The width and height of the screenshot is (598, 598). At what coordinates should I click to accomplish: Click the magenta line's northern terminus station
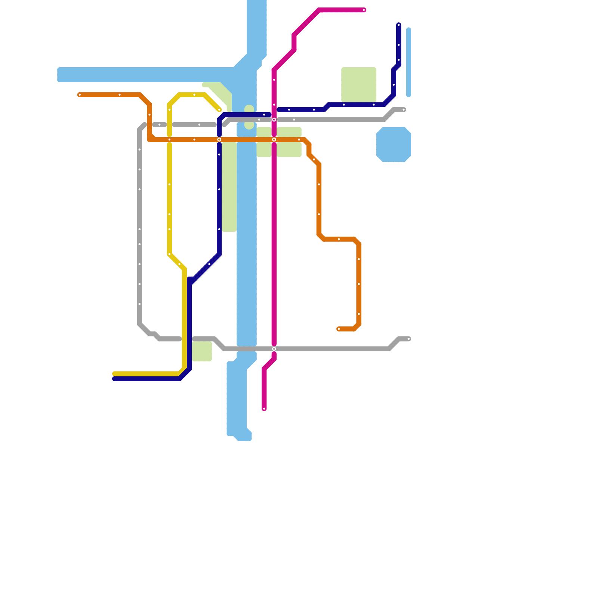tap(364, 10)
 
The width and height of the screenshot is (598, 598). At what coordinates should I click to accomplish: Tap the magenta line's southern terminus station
tap(264, 409)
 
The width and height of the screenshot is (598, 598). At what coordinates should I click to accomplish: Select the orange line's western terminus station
tap(80, 95)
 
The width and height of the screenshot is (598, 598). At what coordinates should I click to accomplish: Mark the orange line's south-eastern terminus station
tap(339, 329)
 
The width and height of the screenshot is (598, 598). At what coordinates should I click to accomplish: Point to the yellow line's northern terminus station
tap(219, 110)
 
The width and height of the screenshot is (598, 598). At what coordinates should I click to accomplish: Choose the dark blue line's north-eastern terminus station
tap(399, 25)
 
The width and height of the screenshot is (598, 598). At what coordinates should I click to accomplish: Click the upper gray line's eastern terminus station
tap(404, 110)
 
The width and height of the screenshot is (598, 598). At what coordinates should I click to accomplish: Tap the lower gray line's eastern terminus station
tap(409, 339)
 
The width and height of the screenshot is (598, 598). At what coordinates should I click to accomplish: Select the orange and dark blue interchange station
tap(219, 140)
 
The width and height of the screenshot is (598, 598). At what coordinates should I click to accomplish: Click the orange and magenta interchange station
tap(274, 140)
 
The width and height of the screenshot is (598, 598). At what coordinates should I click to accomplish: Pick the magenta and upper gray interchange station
tap(274, 120)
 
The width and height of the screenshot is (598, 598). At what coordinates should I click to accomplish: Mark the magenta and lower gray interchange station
tap(274, 349)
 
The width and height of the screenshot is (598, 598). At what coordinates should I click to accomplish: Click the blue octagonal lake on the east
tap(394, 145)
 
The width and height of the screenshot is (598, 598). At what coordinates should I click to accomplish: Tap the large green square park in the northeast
tap(359, 85)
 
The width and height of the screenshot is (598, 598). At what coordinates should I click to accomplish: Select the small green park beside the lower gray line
tap(202, 352)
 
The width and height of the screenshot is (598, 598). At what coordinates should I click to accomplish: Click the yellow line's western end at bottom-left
tap(114, 374)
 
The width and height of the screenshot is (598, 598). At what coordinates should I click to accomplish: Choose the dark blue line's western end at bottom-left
tap(114, 379)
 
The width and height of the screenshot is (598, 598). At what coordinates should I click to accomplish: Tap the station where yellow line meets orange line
tap(169, 140)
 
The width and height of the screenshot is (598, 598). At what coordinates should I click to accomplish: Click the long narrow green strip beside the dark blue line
tap(229, 187)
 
